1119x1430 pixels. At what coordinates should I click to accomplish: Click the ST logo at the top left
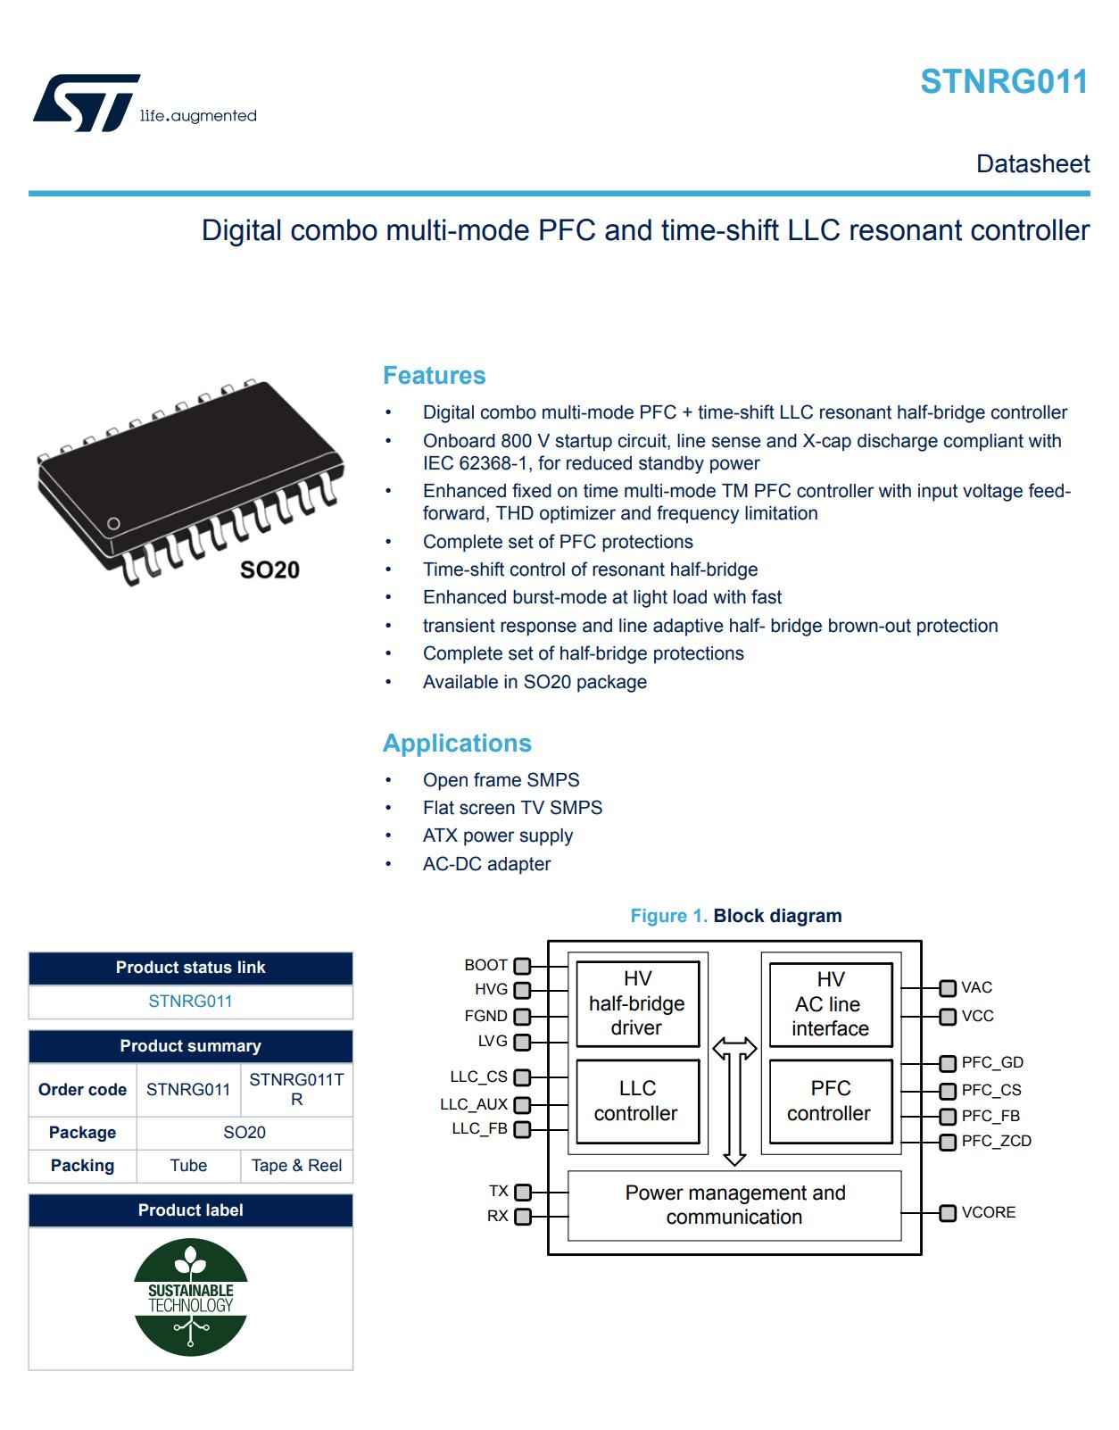point(87,103)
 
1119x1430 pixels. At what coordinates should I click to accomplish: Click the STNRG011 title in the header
point(1004,81)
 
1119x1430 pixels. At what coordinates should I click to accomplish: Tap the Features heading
point(434,375)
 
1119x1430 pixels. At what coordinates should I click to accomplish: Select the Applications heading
point(457,743)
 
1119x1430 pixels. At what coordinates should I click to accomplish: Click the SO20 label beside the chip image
point(269,570)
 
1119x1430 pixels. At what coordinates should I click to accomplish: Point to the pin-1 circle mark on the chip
point(113,523)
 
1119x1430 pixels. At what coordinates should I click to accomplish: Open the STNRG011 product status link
point(190,1001)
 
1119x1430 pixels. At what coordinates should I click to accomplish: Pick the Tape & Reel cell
point(296,1165)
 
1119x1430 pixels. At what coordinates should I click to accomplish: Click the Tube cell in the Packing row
point(188,1165)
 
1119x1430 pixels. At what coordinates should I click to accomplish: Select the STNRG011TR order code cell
point(296,1089)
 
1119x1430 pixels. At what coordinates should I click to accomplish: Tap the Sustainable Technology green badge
point(190,1297)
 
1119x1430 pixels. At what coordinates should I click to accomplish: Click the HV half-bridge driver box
point(637,1003)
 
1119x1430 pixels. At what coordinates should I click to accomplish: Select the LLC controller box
point(637,1101)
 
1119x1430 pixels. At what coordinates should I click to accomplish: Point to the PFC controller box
point(830,1101)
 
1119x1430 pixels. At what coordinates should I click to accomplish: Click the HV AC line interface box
point(830,1003)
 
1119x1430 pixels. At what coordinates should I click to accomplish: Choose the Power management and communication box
point(734,1205)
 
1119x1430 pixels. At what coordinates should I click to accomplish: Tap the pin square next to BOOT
point(522,966)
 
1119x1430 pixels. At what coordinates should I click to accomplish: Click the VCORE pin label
point(988,1212)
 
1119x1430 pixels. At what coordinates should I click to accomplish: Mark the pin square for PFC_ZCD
point(948,1142)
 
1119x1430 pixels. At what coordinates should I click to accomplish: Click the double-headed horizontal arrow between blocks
point(734,1047)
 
